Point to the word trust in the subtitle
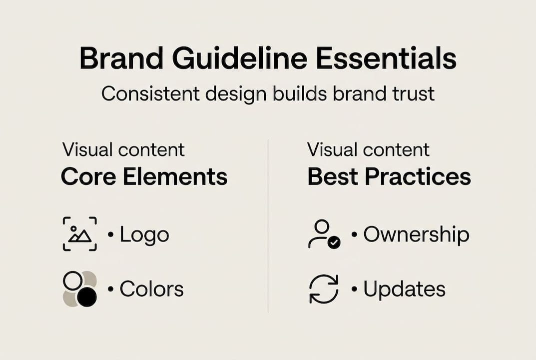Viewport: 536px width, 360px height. [x=410, y=93]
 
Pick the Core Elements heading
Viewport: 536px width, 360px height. [x=144, y=177]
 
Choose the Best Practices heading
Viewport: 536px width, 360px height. [x=389, y=177]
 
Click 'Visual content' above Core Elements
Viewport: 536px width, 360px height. [x=123, y=149]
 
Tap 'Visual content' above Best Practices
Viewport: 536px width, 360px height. [x=368, y=149]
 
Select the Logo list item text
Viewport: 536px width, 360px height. [x=144, y=235]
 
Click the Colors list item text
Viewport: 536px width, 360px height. [x=151, y=289]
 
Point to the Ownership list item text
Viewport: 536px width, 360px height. [x=416, y=235]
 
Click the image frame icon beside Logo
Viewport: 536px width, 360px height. [x=80, y=234]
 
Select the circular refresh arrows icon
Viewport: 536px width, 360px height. [x=324, y=289]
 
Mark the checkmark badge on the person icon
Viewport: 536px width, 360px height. [x=334, y=242]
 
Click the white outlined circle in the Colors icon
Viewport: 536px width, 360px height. [x=72, y=280]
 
